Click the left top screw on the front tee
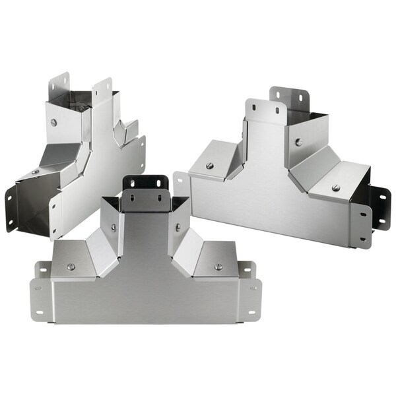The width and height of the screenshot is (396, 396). (x=71, y=267)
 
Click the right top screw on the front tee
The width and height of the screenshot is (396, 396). (x=217, y=267)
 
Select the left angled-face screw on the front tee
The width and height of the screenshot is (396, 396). (x=114, y=227)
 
